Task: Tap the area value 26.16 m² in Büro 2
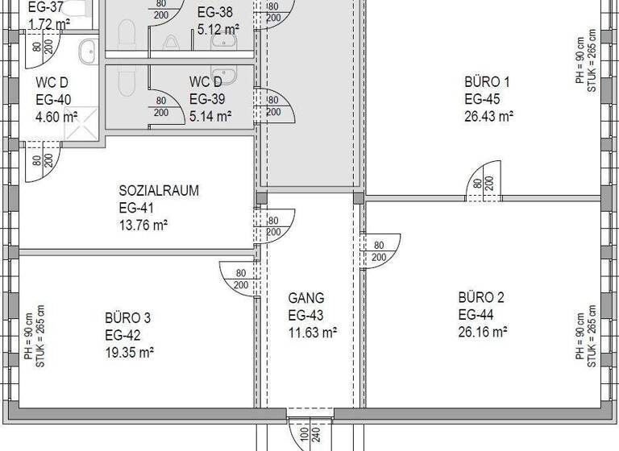click(482, 332)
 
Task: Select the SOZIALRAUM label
click(159, 191)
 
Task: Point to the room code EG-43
click(306, 315)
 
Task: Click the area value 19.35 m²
click(129, 352)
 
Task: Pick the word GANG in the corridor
click(306, 298)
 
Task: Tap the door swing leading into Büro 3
click(239, 279)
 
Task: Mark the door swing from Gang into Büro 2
click(380, 251)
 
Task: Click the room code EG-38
click(214, 13)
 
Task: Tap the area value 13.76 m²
click(143, 225)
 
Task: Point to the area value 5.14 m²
click(210, 116)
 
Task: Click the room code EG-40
click(53, 100)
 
